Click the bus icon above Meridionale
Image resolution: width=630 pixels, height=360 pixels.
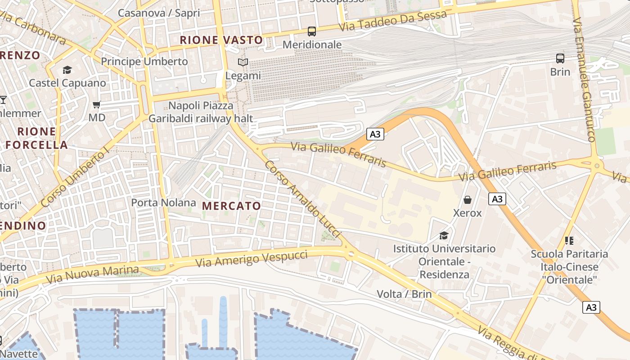(311, 31)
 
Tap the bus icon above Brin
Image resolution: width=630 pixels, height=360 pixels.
(560, 58)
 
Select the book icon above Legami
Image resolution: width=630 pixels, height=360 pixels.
(243, 63)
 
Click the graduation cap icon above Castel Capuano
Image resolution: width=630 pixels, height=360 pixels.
(67, 70)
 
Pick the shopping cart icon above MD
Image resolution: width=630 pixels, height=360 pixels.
(96, 105)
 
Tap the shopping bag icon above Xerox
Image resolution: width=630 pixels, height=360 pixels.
(468, 200)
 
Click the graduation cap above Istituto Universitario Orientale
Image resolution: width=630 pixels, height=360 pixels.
(444, 235)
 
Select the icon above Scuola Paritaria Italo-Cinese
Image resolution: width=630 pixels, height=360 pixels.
(569, 241)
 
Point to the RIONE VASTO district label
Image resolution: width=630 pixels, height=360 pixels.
(221, 40)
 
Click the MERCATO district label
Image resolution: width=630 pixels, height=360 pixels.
(231, 206)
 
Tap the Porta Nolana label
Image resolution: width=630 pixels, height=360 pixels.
(163, 202)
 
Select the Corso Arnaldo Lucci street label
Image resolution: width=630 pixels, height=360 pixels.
(302, 198)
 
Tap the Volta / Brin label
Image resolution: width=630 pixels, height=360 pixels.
(404, 294)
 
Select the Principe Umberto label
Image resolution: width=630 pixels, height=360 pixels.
(144, 61)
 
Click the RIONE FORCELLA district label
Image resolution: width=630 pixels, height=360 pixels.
(37, 138)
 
